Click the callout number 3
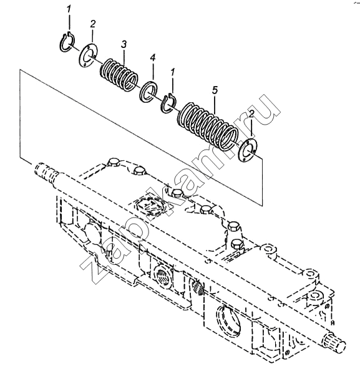pyautogui.click(x=124, y=45)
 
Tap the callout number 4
pyautogui.click(x=152, y=58)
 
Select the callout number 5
pyautogui.click(x=215, y=90)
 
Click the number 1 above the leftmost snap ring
pyautogui.click(x=69, y=9)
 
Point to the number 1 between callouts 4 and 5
pyautogui.click(x=173, y=72)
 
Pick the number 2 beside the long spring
pyautogui.click(x=251, y=115)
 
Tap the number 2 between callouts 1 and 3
pyautogui.click(x=92, y=24)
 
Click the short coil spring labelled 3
pyautogui.click(x=119, y=75)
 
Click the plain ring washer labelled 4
pyautogui.click(x=148, y=92)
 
